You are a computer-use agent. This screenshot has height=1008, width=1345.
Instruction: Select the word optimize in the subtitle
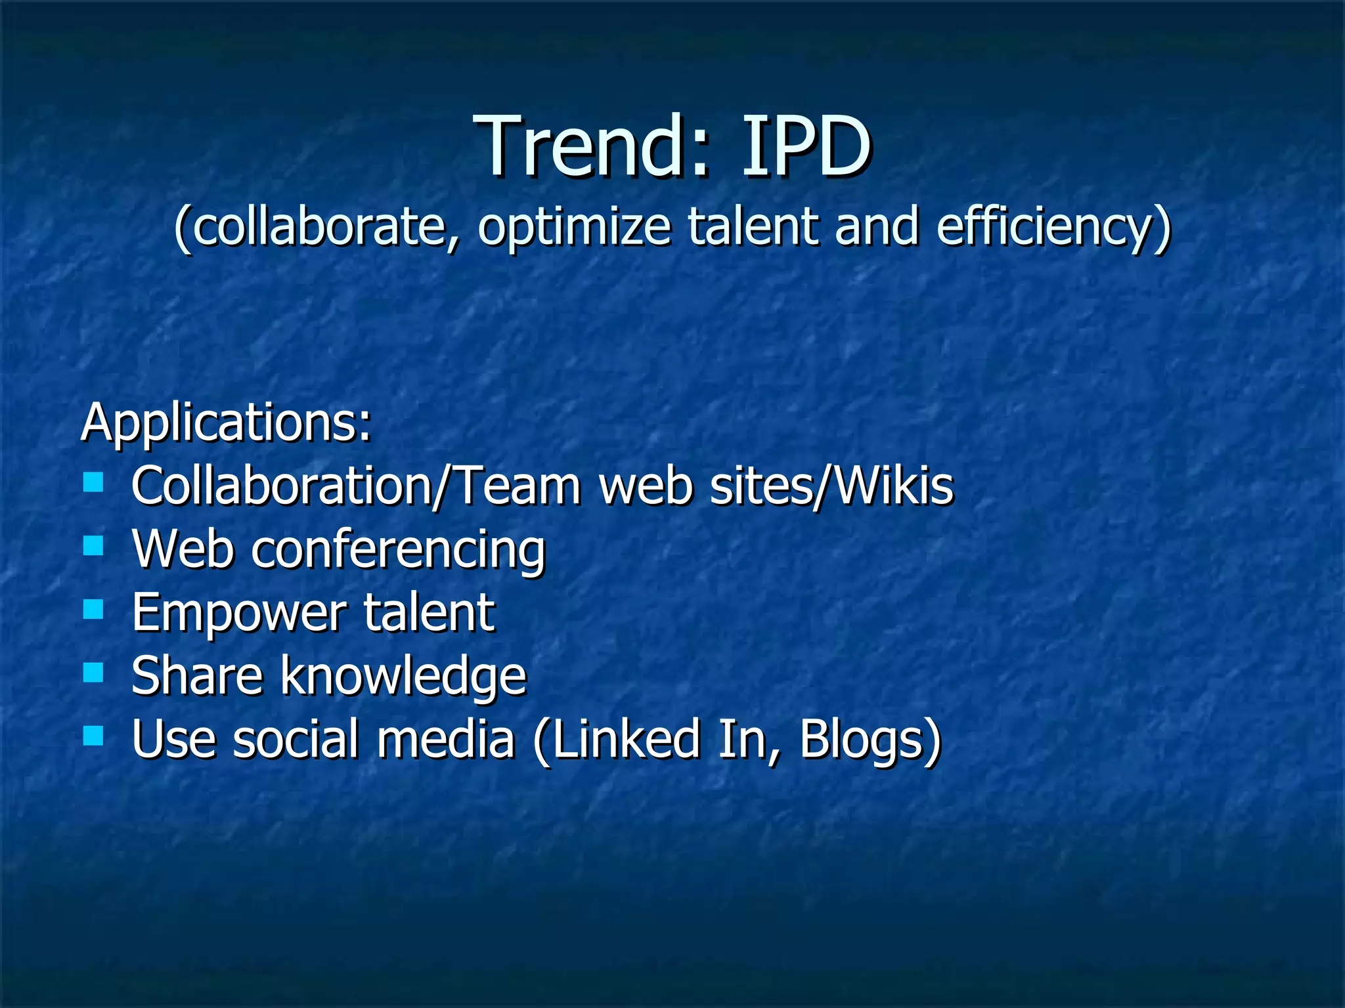click(574, 226)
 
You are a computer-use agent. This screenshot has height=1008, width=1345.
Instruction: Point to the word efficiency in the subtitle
click(1053, 226)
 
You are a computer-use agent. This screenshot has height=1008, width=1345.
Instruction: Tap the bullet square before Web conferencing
click(94, 546)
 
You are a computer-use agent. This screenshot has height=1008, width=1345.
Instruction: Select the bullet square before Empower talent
click(94, 609)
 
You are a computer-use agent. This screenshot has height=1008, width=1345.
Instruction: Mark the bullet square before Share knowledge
click(94, 673)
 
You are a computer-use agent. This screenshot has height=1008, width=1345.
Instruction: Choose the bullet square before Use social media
click(94, 736)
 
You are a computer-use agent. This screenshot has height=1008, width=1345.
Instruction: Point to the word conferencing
click(398, 550)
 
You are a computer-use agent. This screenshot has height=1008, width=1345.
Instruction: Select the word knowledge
click(404, 676)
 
